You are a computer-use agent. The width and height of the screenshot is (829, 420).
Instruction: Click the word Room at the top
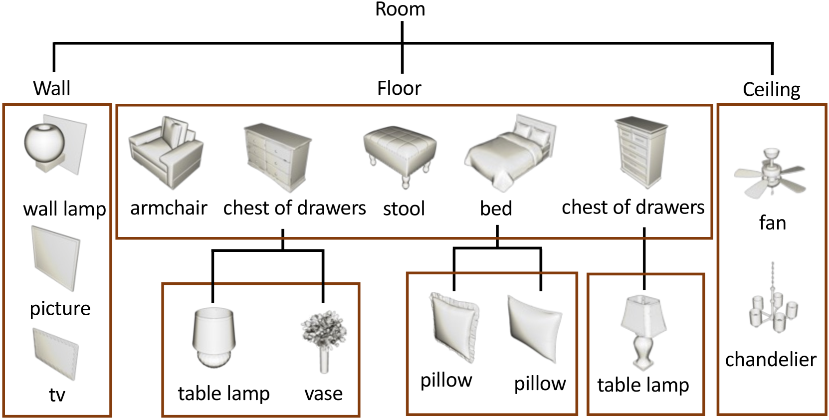(400, 9)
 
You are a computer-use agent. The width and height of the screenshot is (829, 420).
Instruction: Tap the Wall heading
(51, 88)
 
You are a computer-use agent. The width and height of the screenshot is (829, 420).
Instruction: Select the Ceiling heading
(771, 90)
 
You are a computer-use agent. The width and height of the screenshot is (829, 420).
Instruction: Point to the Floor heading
(399, 88)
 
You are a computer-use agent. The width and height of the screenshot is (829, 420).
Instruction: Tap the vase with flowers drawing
(324, 339)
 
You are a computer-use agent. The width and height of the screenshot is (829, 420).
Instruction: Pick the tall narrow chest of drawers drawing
(640, 152)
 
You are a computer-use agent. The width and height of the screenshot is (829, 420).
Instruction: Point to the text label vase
(324, 394)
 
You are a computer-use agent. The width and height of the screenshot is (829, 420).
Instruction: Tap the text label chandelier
(771, 359)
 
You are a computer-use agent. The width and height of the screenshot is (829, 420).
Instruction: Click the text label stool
(404, 209)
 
